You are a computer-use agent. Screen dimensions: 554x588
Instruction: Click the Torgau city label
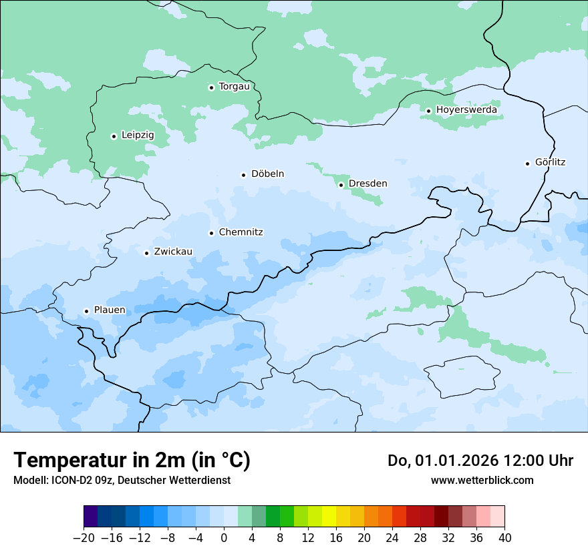[x=234, y=87]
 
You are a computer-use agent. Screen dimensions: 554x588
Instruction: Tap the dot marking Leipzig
[x=114, y=136]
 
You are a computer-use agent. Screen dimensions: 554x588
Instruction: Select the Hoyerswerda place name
[x=466, y=110]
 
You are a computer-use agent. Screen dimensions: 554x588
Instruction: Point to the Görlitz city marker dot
[x=528, y=164]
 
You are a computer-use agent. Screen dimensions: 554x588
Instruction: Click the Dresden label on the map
[x=367, y=184]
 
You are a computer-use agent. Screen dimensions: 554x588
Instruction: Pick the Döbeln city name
[x=267, y=174]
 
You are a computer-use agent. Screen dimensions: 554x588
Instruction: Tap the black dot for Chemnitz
[x=212, y=234]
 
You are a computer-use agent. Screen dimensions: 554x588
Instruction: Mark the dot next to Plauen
[x=87, y=311]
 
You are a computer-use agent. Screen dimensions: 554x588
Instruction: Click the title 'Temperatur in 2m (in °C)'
[x=132, y=461]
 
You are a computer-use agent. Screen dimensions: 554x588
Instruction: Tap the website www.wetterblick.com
[x=482, y=481]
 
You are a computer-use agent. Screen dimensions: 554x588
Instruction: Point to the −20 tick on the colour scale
[x=84, y=538]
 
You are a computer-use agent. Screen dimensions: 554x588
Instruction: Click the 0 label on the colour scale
[x=224, y=538]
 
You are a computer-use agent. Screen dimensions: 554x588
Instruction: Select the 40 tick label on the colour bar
[x=504, y=538]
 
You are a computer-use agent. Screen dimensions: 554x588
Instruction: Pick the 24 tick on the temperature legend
[x=392, y=538]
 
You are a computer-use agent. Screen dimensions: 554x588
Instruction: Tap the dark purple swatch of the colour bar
[x=91, y=517]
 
